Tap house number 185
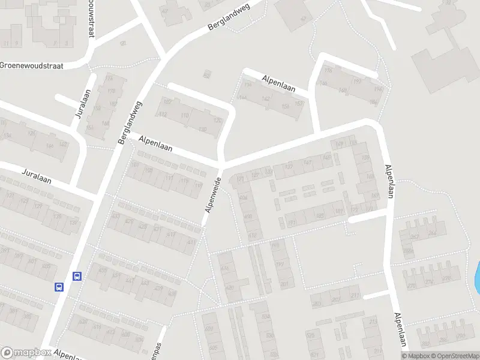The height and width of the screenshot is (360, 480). pos(319,215)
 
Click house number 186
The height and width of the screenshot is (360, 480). pos(373,103)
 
